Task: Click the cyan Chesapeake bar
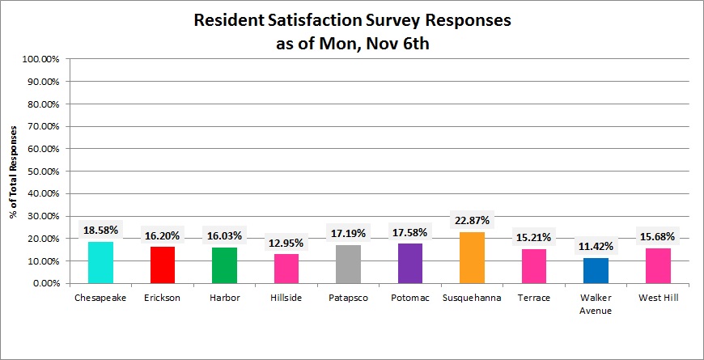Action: (x=100, y=263)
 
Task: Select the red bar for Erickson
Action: (x=162, y=265)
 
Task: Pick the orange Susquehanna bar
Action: (x=471, y=258)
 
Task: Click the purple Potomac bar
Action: (x=409, y=264)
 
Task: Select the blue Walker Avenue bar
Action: (x=595, y=271)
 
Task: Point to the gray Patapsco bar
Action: (x=348, y=265)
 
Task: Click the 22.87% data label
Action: (x=471, y=221)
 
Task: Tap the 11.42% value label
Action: (x=595, y=246)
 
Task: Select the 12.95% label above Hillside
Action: (x=286, y=243)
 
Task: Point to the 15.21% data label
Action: (x=532, y=238)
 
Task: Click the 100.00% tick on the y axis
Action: (x=40, y=60)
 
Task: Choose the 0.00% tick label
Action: (x=45, y=284)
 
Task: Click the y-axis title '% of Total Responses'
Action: (x=14, y=172)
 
